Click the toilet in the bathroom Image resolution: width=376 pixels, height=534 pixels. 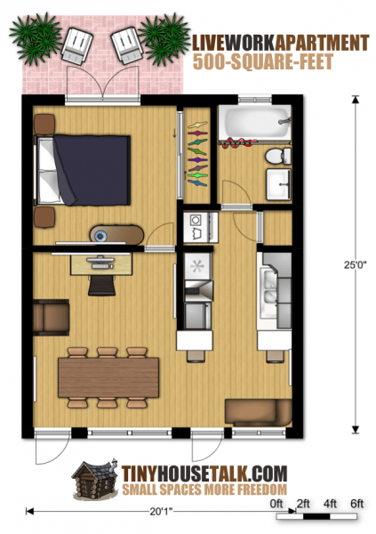[x=279, y=157]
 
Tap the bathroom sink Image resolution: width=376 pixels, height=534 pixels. [x=278, y=184]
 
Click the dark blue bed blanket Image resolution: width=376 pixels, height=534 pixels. [x=92, y=170]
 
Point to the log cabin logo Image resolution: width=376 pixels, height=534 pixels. [x=94, y=481]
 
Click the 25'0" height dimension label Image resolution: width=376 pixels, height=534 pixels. [x=356, y=264]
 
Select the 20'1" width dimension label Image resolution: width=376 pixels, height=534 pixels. [x=161, y=511]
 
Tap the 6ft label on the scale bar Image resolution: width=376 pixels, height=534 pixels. [x=357, y=504]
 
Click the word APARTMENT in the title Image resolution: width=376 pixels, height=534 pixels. [x=322, y=43]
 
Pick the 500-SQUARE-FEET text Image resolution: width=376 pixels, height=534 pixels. [x=263, y=61]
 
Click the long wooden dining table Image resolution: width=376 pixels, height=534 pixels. [x=108, y=377]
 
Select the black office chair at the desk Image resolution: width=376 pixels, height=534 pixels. [x=101, y=286]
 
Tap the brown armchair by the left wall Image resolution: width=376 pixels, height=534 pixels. [x=51, y=317]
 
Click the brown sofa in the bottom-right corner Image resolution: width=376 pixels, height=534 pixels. [x=259, y=412]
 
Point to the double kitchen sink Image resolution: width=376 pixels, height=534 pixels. [x=268, y=292]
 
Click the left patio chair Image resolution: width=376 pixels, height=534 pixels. [x=77, y=46]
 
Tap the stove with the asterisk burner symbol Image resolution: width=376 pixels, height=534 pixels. [x=198, y=266]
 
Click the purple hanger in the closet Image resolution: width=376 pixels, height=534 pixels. [x=197, y=159]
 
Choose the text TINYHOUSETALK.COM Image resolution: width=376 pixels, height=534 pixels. [x=204, y=473]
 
